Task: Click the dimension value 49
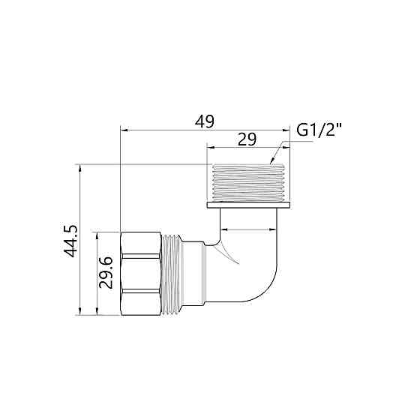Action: (x=204, y=121)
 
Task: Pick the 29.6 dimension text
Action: (x=106, y=272)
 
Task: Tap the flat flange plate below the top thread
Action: (x=248, y=203)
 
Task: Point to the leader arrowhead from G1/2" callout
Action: (x=272, y=160)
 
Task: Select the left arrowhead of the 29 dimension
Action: (x=211, y=147)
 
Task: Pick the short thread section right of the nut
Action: (x=174, y=272)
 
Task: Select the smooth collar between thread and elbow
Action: (x=193, y=272)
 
